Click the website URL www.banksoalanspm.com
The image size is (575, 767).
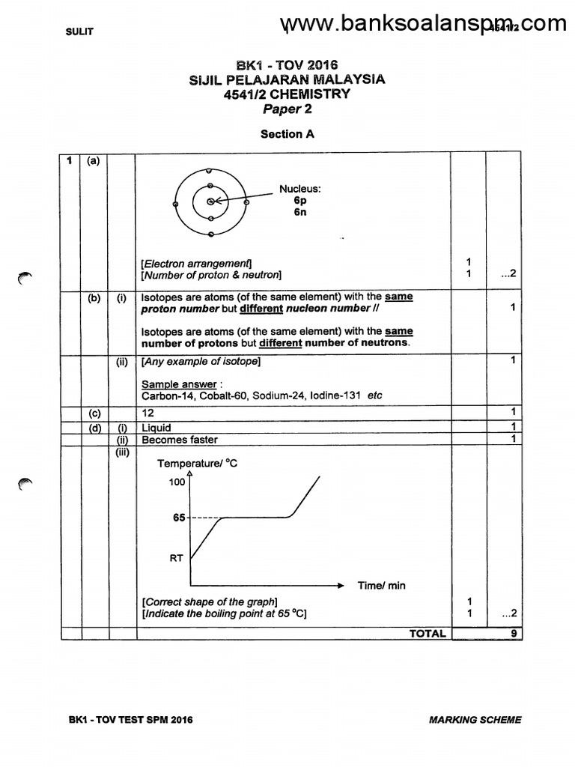424,25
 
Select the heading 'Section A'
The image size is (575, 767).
287,134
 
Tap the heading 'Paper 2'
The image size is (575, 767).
287,109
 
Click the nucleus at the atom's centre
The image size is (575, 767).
211,201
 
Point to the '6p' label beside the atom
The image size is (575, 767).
300,201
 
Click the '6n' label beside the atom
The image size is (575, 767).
300,212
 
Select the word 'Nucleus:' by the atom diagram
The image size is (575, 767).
300,190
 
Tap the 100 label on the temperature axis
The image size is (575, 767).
176,482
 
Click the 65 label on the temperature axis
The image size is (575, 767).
179,518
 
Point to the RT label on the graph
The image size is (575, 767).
177,557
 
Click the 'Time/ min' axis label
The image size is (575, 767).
381,586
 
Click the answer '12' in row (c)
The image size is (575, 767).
147,413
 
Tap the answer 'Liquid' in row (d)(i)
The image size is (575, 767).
156,428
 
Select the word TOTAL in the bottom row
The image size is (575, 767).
428,634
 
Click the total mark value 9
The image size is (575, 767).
513,634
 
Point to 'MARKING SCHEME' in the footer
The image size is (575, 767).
475,721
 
